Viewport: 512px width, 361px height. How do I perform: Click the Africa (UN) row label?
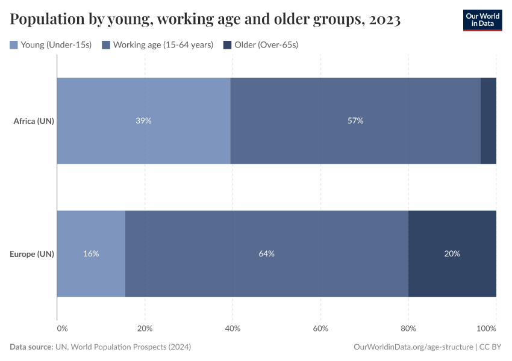(x=34, y=121)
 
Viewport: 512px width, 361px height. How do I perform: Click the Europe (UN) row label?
(x=32, y=254)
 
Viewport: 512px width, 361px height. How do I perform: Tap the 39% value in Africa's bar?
(x=143, y=121)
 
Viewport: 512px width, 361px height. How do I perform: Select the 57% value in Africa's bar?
(x=355, y=121)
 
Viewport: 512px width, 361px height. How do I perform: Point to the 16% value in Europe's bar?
(x=91, y=254)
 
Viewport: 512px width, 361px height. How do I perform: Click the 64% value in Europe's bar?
(x=267, y=254)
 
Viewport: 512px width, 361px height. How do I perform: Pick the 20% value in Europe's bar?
(x=452, y=254)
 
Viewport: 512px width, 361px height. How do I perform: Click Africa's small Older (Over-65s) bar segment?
(x=489, y=121)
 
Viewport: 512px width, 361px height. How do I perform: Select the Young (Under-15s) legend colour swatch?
(x=14, y=45)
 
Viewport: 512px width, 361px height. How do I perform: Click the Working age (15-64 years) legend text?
(x=163, y=45)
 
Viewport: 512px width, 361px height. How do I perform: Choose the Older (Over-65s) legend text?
(x=266, y=45)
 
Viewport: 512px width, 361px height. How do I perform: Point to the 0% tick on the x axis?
(x=62, y=329)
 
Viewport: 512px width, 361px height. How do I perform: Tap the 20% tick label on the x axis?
(x=145, y=329)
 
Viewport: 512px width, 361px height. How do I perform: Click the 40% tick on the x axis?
(x=233, y=329)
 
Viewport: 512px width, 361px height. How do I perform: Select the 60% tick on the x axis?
(x=320, y=329)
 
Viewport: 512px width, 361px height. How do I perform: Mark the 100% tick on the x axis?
(x=486, y=329)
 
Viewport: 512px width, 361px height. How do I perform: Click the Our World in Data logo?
(x=482, y=20)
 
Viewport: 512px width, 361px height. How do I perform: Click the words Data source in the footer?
(x=31, y=347)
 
